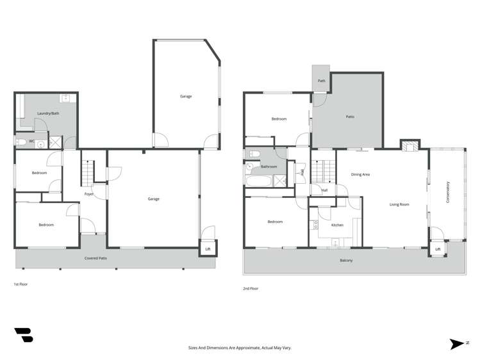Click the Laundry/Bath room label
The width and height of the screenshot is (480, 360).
click(48, 113)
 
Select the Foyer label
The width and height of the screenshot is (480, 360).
click(89, 193)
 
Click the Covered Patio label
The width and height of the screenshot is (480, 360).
click(95, 258)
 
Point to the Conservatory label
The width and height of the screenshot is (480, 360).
click(448, 193)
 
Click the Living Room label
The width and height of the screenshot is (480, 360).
click(399, 204)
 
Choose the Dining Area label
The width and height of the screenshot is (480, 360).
click(360, 174)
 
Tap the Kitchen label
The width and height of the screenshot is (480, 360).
click(337, 225)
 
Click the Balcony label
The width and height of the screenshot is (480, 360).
click(346, 260)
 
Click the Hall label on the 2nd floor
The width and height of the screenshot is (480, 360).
click(324, 190)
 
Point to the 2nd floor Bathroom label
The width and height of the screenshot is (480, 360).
click(269, 167)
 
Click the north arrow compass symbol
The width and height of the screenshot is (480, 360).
click(457, 343)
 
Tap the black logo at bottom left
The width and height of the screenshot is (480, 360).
click(23, 336)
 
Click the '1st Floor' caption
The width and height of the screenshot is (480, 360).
click(21, 284)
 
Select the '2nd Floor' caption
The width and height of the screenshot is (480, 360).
click(250, 289)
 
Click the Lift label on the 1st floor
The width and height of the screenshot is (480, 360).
click(208, 249)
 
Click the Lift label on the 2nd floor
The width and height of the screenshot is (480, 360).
click(438, 249)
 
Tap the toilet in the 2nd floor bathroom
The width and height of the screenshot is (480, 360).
click(252, 154)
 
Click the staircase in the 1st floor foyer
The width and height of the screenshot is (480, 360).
click(88, 172)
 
